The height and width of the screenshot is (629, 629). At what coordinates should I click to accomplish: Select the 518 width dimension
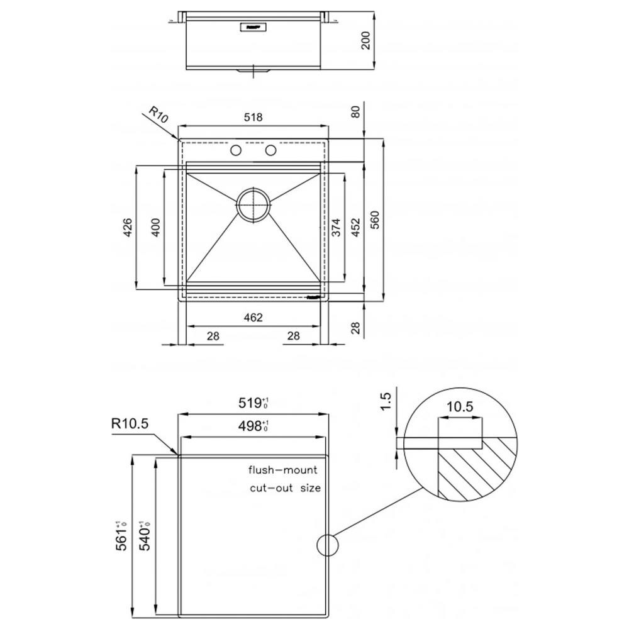[253, 117]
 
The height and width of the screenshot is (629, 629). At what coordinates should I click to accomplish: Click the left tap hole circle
[237, 150]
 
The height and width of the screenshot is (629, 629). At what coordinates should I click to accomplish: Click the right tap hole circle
[271, 150]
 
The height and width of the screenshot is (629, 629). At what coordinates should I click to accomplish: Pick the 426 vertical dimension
[127, 228]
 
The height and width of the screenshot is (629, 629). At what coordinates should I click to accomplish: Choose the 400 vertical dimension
[155, 228]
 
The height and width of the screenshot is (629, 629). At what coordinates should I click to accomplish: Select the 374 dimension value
[336, 227]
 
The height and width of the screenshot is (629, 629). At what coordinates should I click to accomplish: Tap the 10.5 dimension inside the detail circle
[460, 406]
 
